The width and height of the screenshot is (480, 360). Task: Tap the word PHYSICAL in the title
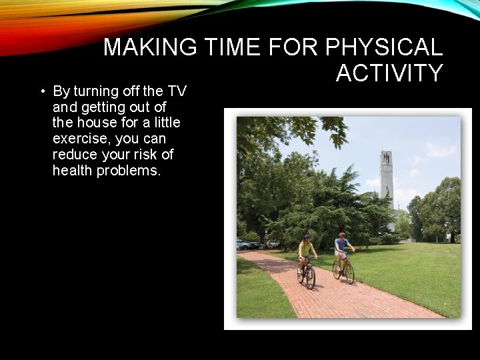(383, 47)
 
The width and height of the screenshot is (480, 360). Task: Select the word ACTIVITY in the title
(389, 73)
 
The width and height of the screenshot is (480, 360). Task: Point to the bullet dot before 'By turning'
(42, 91)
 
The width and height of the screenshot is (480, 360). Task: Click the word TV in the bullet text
(177, 91)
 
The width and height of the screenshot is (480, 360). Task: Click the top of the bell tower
(386, 155)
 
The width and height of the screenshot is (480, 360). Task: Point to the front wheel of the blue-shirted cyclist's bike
(349, 273)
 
